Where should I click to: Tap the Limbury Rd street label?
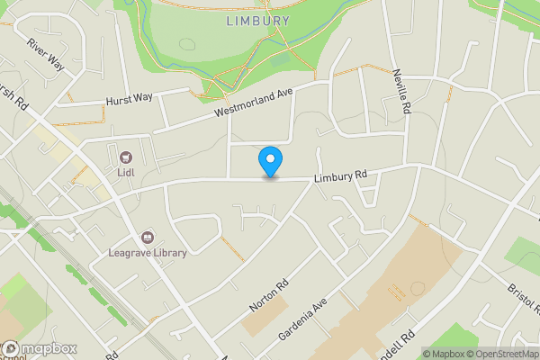click(341, 175)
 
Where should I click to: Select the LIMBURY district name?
click(257, 21)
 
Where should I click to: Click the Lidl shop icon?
click(125, 156)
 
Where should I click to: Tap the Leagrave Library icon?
click(148, 237)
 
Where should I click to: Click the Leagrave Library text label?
click(148, 253)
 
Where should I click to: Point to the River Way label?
click(47, 56)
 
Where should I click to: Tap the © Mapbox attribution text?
click(444, 354)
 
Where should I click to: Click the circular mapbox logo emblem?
click(12, 348)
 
